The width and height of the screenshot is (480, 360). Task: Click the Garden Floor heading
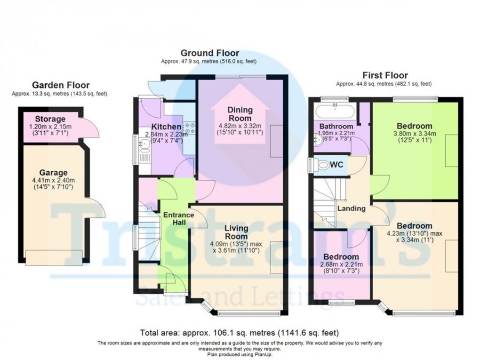click(x=60, y=85)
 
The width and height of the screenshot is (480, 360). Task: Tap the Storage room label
click(x=50, y=119)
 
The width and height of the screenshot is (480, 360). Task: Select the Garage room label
click(x=53, y=173)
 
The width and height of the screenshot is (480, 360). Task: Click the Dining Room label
click(x=240, y=114)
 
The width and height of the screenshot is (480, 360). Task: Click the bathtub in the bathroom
click(x=335, y=112)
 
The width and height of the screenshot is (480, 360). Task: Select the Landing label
click(x=352, y=208)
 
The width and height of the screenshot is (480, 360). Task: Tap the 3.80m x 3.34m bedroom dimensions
click(x=414, y=136)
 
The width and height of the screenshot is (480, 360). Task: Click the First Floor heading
click(x=384, y=75)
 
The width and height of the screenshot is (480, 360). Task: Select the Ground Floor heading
click(x=209, y=53)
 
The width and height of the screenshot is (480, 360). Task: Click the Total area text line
click(x=239, y=332)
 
